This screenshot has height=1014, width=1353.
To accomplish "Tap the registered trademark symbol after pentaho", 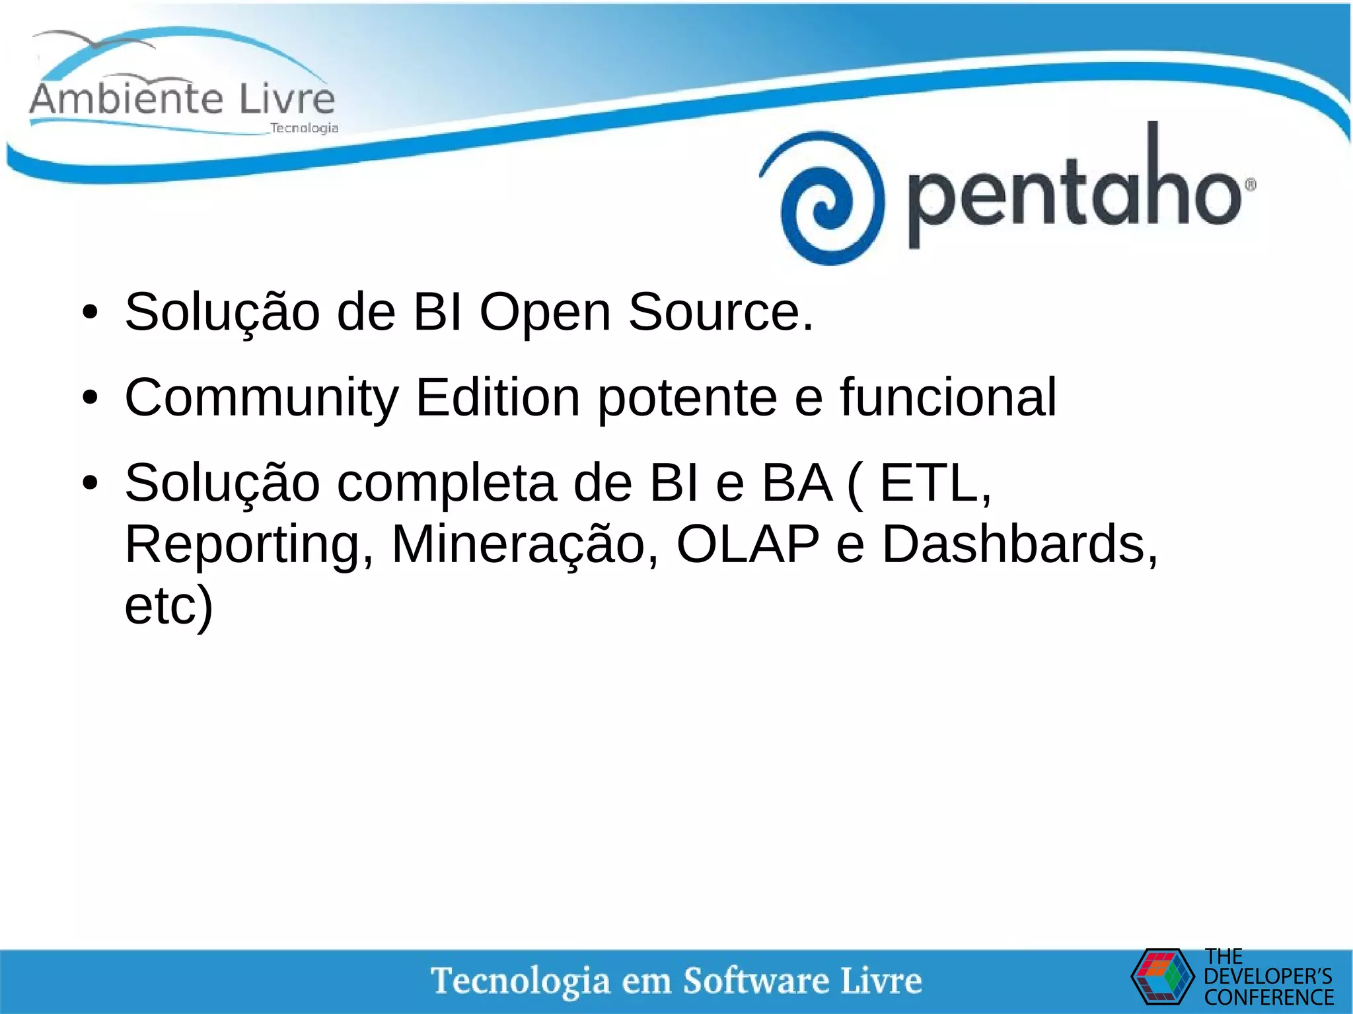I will pos(1250,186).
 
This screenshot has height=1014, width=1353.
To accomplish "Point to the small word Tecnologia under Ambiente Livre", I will pos(304,128).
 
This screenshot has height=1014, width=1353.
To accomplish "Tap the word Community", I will pos(262,398).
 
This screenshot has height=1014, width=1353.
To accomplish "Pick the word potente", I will pos(687,398).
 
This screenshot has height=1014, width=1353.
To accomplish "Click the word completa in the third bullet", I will pos(447,484).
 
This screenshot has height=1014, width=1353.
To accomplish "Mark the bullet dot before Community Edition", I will pos(91,398).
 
